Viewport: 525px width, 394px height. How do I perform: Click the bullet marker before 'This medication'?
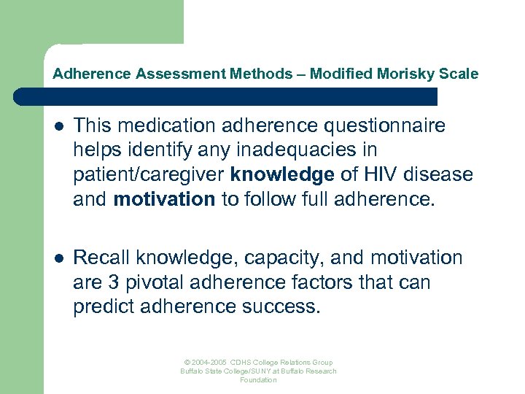pos(58,126)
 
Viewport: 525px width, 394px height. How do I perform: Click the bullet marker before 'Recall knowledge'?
pos(58,258)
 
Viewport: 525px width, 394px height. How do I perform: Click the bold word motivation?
pos(164,199)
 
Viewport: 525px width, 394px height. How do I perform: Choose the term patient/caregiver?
pos(149,175)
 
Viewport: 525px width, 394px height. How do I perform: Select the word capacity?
pos(271,258)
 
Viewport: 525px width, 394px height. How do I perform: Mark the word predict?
pos(100,306)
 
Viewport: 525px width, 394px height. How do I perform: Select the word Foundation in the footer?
pos(258,380)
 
